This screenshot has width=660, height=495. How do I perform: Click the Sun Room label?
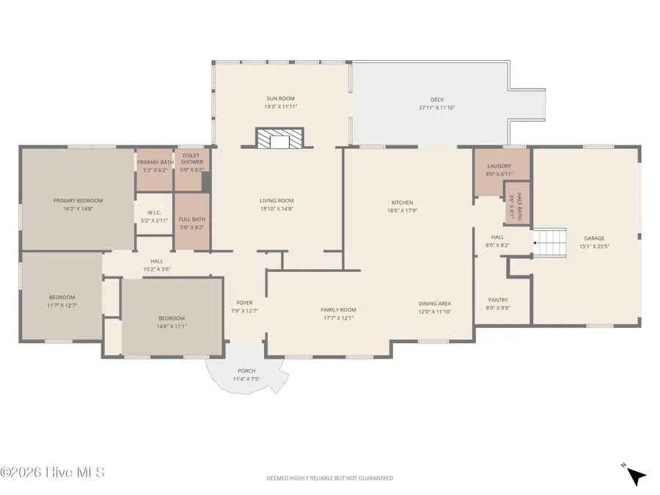coord(280,98)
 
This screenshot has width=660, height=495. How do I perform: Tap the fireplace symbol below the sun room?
coord(279,139)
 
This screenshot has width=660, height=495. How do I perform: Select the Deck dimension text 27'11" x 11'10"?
coord(437,108)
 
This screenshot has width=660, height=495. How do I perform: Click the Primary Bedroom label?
coord(78,200)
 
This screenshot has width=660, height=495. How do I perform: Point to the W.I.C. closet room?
coord(154,216)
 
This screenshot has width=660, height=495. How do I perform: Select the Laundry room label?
coord(499,166)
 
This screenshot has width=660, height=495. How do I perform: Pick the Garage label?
coord(594,238)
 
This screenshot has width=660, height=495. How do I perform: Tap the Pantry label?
coord(498,300)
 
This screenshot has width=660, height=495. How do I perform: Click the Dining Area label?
coord(435,304)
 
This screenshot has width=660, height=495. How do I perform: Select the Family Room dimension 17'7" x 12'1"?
coord(338,318)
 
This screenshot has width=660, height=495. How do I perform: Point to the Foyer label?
coord(244,303)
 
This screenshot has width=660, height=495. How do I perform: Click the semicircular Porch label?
coord(246,371)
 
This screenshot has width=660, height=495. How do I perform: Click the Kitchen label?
coord(402,202)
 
